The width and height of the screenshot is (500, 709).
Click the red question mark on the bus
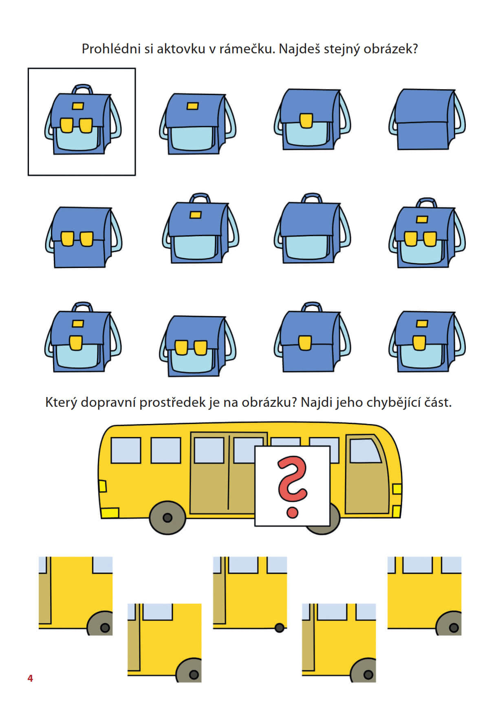coord(292,486)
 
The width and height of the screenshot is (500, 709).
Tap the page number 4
coord(30,678)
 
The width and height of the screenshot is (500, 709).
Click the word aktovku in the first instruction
coord(181,49)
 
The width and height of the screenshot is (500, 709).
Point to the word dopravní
coord(108,402)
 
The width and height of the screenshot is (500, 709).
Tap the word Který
coord(61,402)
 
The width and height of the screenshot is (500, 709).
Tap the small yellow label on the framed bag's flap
coord(78,106)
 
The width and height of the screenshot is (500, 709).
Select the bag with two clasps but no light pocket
coord(84,237)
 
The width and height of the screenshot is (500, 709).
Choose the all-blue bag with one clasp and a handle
coord(312,337)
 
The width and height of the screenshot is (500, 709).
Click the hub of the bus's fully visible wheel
coord(167,518)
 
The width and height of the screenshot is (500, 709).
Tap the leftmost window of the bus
coord(126,450)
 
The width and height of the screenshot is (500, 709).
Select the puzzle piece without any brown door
coord(424,596)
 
